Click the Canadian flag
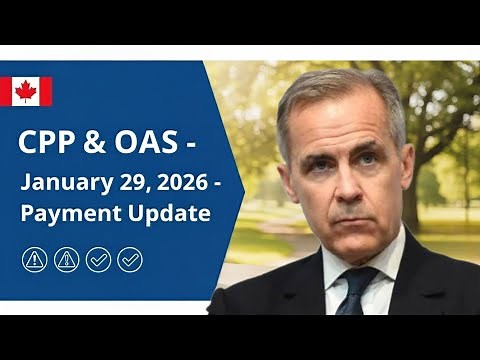26,91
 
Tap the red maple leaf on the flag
26,91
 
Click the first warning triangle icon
34,260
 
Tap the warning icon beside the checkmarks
66,260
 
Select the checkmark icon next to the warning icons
98,260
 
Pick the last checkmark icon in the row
130,260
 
